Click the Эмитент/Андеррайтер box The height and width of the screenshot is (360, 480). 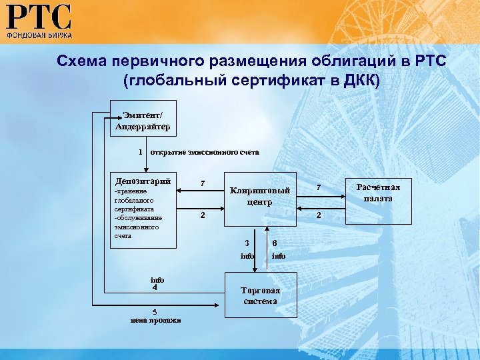pos(143,117)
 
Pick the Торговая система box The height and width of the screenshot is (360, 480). pos(260,295)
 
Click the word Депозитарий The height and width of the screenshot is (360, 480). pos(143,181)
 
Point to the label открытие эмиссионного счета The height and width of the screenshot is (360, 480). pos(205,151)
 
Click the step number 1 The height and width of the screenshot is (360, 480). pos(140,151)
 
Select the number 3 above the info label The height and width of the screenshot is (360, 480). pos(247,243)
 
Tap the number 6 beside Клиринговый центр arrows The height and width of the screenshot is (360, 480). pos(274,243)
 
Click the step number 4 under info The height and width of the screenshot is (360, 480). pos(154,289)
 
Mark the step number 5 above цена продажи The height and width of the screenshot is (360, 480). pos(155,311)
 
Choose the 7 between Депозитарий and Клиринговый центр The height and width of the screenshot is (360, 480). pos(203,183)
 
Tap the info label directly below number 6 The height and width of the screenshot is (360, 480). pos(278,255)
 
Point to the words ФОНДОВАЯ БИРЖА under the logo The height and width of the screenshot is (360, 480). pos(39,33)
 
